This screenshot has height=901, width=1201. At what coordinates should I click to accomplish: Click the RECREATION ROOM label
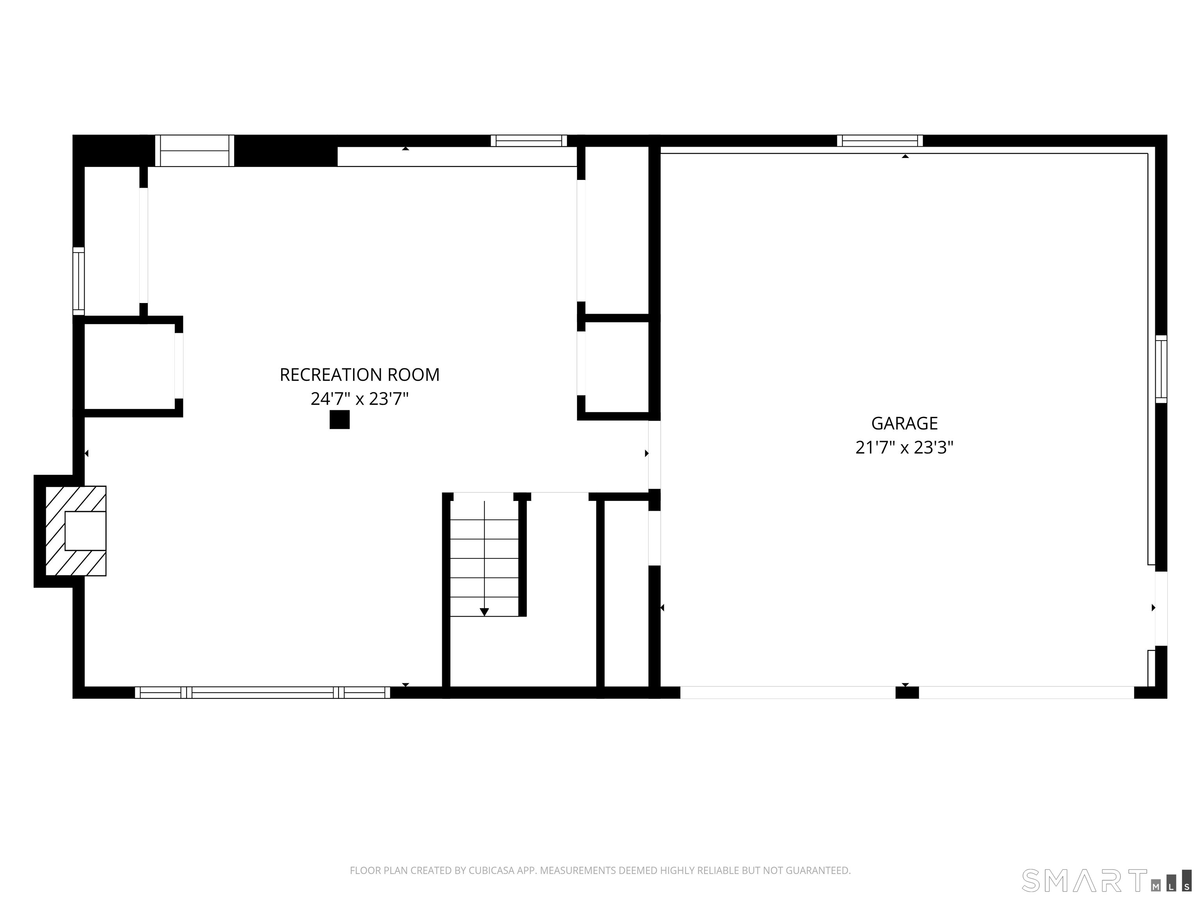pyautogui.click(x=359, y=375)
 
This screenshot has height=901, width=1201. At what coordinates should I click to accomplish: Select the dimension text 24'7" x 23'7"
pyautogui.click(x=359, y=399)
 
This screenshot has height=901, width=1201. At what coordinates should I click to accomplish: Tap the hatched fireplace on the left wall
pyautogui.click(x=75, y=531)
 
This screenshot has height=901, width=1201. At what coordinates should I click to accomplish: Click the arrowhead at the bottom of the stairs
pyautogui.click(x=484, y=612)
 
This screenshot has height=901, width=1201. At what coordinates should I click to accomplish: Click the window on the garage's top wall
pyautogui.click(x=880, y=141)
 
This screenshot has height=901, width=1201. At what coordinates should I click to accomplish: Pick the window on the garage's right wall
pyautogui.click(x=1161, y=369)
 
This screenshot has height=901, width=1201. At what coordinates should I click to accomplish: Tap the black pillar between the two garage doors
pyautogui.click(x=907, y=693)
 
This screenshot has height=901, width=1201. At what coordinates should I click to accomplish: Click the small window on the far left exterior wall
pyautogui.click(x=79, y=281)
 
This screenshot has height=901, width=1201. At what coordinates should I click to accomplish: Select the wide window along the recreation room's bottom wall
pyautogui.click(x=262, y=693)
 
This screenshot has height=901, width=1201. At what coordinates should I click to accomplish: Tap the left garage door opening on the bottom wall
pyautogui.click(x=787, y=693)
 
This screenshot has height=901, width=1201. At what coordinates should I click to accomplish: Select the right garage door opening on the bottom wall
pyautogui.click(x=1026, y=693)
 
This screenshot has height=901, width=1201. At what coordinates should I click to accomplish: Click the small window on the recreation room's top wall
pyautogui.click(x=529, y=141)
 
